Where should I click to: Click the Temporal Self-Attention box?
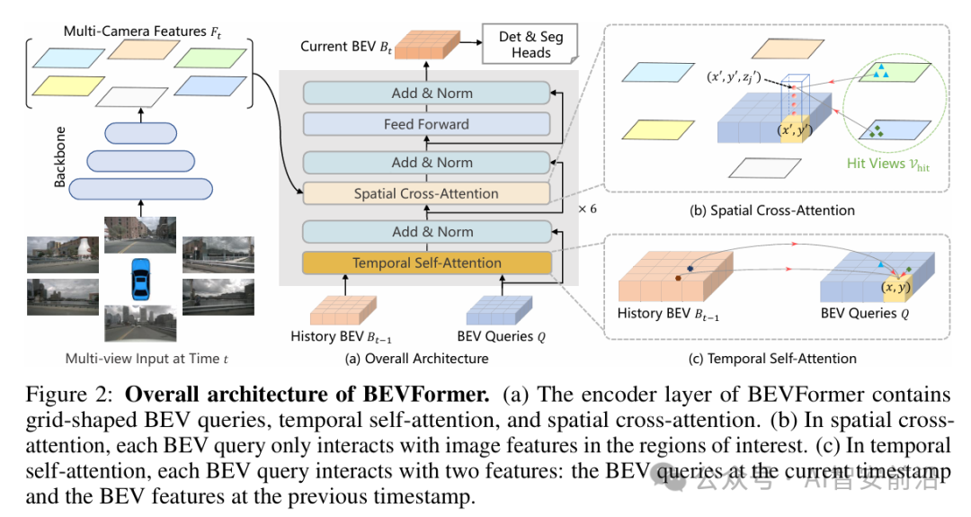click(x=426, y=263)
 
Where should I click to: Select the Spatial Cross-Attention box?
click(x=426, y=193)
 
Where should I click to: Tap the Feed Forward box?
click(x=426, y=124)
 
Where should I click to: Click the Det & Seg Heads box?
click(x=530, y=45)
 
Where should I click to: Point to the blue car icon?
click(x=141, y=280)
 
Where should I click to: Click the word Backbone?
click(x=60, y=160)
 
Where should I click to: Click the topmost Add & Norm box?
click(x=426, y=94)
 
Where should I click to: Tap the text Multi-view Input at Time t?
click(x=147, y=359)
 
